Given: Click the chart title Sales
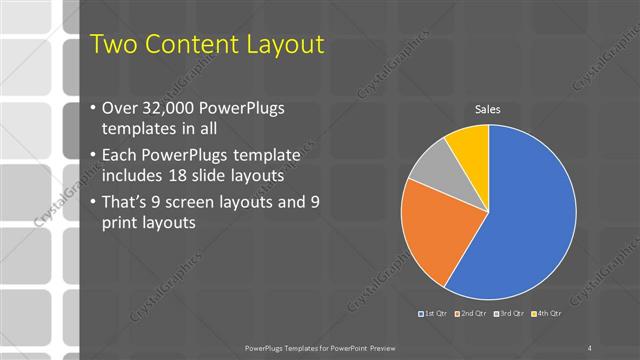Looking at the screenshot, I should pyautogui.click(x=487, y=109).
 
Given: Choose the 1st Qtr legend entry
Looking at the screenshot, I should pyautogui.click(x=434, y=315).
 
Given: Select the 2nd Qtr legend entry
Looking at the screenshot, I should pyautogui.click(x=471, y=315).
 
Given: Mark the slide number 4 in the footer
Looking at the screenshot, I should pyautogui.click(x=590, y=347).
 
